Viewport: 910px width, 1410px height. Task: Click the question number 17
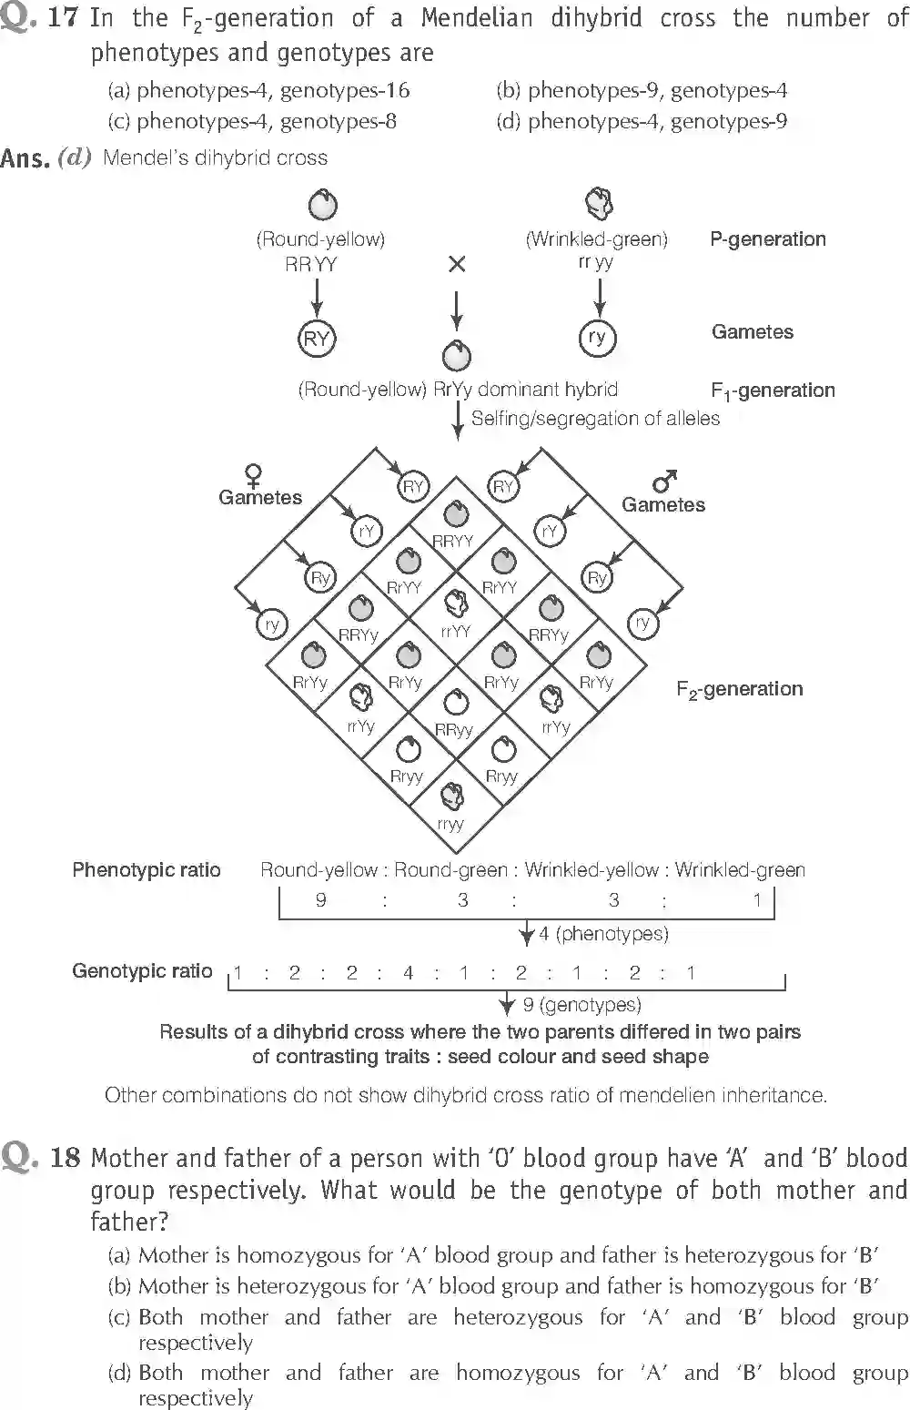[61, 18]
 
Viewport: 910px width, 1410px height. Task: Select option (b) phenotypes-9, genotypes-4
[641, 90]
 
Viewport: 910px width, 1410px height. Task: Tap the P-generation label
[767, 239]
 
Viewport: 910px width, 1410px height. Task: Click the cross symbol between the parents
[457, 264]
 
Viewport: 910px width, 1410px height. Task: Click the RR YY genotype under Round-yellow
[311, 265]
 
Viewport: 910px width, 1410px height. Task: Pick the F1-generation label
[772, 391]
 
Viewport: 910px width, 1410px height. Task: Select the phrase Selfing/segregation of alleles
[595, 419]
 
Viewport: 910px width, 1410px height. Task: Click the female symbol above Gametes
[254, 475]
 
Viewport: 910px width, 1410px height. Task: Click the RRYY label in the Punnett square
[453, 541]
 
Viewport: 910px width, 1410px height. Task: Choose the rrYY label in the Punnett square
[455, 631]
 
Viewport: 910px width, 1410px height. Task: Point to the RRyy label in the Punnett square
[453, 730]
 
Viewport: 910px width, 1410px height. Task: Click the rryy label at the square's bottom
[450, 824]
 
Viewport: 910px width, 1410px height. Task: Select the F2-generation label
[739, 689]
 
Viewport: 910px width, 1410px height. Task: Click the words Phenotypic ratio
[146, 870]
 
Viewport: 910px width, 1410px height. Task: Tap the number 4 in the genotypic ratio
[408, 973]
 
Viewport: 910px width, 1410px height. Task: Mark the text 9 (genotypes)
[581, 1005]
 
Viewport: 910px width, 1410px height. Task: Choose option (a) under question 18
[492, 1255]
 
